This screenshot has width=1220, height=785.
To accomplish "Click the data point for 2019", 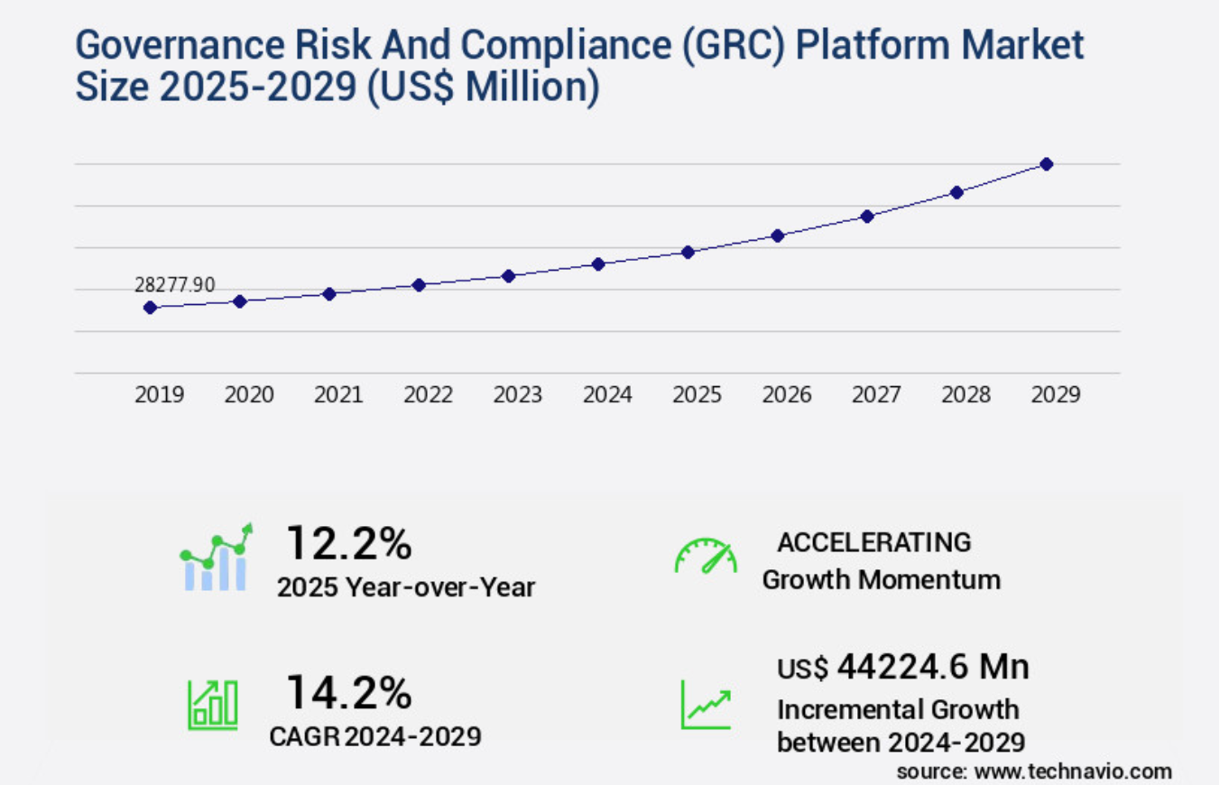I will click(x=150, y=308).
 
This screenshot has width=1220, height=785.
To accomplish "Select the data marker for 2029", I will click(x=1047, y=164).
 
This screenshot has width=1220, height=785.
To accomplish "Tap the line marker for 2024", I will click(x=597, y=263).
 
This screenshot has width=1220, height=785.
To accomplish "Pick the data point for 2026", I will click(x=777, y=235).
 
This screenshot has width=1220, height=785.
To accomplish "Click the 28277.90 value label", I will click(x=175, y=285).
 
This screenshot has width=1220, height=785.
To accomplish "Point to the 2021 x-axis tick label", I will click(x=338, y=395).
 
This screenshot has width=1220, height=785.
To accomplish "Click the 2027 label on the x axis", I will click(x=876, y=395).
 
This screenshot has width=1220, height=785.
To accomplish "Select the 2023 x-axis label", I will click(x=518, y=395).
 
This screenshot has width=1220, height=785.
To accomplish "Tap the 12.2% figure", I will click(x=348, y=543).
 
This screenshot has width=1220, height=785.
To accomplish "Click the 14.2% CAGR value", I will click(x=348, y=693).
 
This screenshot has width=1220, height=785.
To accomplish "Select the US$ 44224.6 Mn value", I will click(x=903, y=668).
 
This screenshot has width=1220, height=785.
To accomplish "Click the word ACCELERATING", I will click(x=873, y=542).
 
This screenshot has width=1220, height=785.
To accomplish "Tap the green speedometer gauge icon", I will click(x=706, y=557).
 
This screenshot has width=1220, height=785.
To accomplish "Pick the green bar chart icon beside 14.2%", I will click(x=213, y=705).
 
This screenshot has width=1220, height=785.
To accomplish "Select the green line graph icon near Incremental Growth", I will click(x=705, y=705).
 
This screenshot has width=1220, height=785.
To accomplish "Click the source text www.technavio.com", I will click(x=1034, y=771).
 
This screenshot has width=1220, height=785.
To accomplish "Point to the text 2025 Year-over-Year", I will click(x=406, y=587).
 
